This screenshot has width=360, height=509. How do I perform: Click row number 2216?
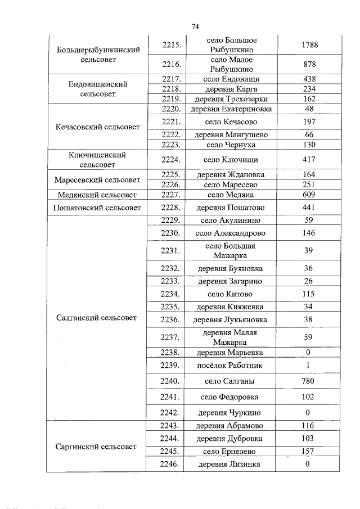point(170,64)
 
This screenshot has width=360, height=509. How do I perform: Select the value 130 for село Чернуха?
point(309,145)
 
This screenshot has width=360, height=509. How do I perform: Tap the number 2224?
point(170,160)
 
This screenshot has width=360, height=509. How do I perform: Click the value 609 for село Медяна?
point(309,195)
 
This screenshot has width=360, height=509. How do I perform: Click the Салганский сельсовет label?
point(97,318)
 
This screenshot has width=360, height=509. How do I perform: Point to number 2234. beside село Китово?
point(170,294)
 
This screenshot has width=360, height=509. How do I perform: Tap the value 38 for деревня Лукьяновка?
point(309,320)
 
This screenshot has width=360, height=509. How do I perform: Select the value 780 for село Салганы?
point(309,381)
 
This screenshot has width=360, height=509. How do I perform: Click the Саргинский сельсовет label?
point(97,447)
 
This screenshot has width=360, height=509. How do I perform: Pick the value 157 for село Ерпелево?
point(309,451)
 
